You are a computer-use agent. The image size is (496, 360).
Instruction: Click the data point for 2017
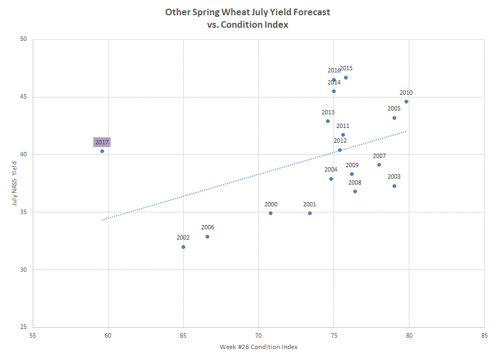(x=102, y=151)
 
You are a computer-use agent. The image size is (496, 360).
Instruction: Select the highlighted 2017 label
(x=102, y=142)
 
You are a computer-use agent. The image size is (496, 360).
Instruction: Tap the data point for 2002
(x=183, y=247)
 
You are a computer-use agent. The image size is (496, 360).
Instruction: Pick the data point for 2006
(x=207, y=236)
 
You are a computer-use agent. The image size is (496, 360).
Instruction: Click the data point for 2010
(x=406, y=101)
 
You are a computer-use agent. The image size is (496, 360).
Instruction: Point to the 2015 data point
(x=346, y=77)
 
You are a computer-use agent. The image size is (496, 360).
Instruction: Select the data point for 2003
(x=394, y=186)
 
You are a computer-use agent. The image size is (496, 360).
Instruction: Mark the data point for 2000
(x=270, y=213)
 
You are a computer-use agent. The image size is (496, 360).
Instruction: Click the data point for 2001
(x=310, y=213)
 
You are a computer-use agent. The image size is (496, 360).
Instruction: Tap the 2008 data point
(x=355, y=191)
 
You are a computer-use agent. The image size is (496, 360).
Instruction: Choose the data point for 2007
(x=379, y=164)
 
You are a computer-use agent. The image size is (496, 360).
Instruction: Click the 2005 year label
(x=394, y=108)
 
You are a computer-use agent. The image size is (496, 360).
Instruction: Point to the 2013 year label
(x=328, y=112)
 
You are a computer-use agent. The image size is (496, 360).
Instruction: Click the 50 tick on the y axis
(x=23, y=39)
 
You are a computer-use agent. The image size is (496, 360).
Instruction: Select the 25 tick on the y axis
(x=23, y=327)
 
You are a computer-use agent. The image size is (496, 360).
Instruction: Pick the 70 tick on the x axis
(x=258, y=335)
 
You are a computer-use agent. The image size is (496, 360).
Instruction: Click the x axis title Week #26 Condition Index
(x=258, y=347)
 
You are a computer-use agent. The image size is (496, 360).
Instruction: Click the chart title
(x=247, y=17)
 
